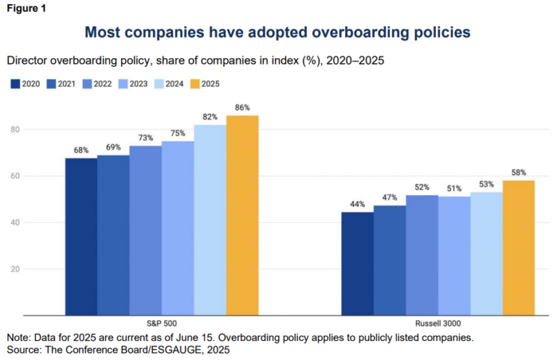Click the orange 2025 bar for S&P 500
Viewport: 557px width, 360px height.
pyautogui.click(x=242, y=215)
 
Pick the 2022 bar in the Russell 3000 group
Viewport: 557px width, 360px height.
pyautogui.click(x=421, y=255)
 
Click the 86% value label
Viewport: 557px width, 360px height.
pyautogui.click(x=242, y=107)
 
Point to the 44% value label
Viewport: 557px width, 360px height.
pyautogui.click(x=357, y=205)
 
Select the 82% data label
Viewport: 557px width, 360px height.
pyautogui.click(x=210, y=117)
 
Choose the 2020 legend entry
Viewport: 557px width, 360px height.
pyautogui.click(x=26, y=83)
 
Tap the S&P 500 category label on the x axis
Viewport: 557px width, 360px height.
pyautogui.click(x=161, y=323)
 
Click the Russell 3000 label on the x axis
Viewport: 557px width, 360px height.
pyautogui.click(x=437, y=323)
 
